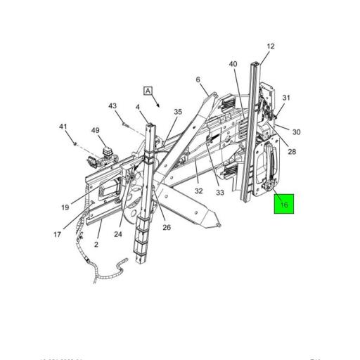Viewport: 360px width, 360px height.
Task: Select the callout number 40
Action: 233,64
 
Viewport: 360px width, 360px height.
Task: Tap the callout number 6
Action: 198,79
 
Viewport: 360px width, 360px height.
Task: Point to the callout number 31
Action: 285,98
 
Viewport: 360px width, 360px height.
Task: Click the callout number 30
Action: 296,132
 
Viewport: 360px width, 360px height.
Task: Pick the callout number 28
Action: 292,151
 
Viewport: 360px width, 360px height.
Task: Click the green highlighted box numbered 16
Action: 284,205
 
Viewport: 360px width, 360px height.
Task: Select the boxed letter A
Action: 148,91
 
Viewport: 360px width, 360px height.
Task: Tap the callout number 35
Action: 178,111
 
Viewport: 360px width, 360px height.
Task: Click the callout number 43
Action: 112,106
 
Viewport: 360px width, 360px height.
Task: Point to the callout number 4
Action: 138,108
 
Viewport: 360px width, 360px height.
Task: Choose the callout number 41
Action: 63,127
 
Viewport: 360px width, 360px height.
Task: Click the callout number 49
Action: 95,130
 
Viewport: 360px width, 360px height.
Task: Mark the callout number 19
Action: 65,207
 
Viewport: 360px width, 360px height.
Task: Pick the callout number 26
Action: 167,226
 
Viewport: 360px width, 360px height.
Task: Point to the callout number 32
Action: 199,191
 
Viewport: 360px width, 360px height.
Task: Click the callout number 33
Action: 220,192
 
